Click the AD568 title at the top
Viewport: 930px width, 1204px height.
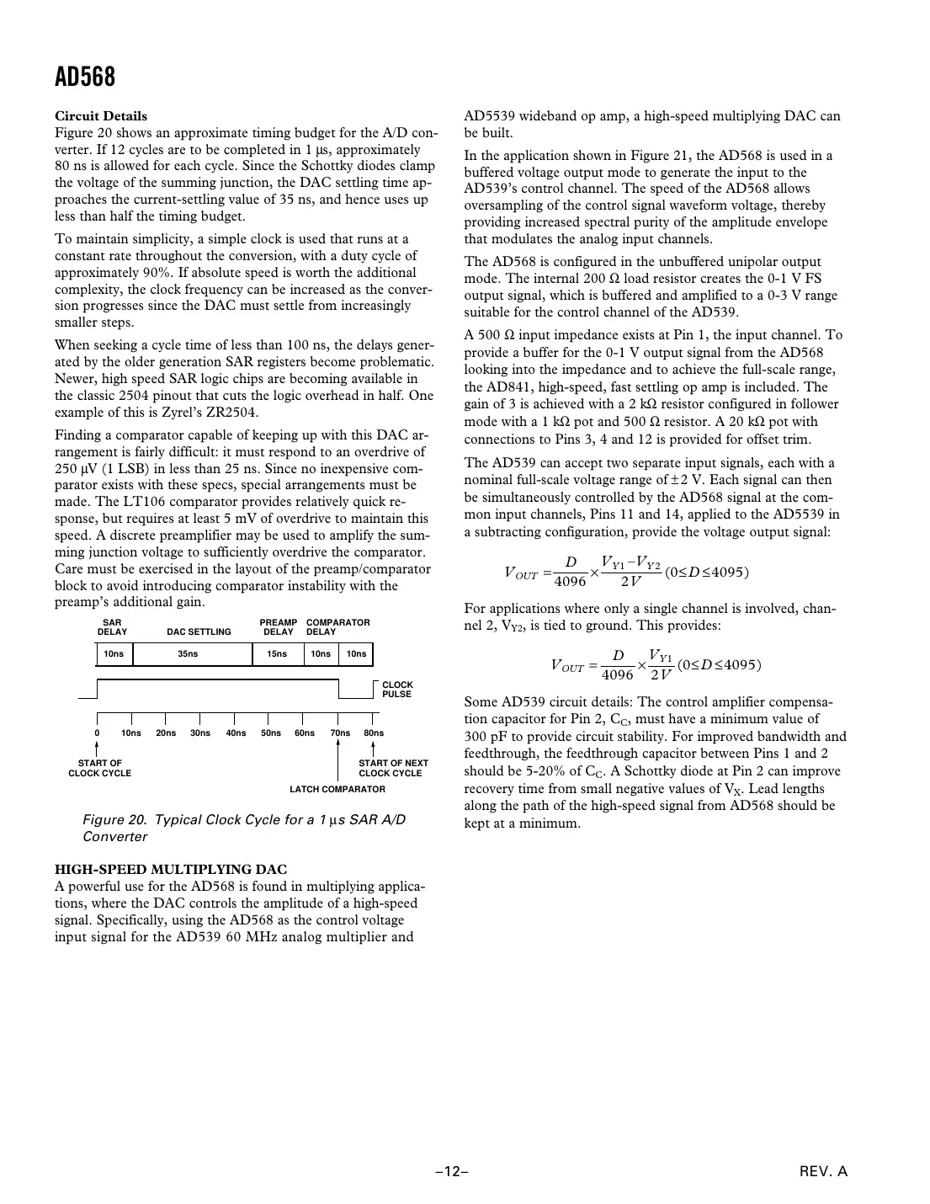click(x=85, y=77)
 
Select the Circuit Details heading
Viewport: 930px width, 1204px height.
click(x=100, y=116)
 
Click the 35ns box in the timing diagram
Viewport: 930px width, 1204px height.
click(x=189, y=654)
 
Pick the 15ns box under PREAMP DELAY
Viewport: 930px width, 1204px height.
click(x=277, y=654)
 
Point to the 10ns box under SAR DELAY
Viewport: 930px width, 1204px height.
click(x=114, y=654)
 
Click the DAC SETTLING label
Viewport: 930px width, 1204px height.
click(x=199, y=631)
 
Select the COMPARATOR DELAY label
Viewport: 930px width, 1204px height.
click(x=337, y=627)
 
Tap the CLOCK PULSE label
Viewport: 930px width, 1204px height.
click(x=397, y=690)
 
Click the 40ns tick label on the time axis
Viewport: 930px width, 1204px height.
click(x=236, y=733)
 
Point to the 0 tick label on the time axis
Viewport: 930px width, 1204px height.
click(x=97, y=733)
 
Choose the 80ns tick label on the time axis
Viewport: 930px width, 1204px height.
click(x=374, y=733)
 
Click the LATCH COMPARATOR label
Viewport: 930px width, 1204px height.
click(x=337, y=789)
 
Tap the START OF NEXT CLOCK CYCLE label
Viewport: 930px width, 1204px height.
click(x=393, y=768)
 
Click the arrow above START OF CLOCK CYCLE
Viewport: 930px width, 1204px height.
click(x=98, y=749)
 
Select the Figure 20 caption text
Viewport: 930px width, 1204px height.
click(x=244, y=828)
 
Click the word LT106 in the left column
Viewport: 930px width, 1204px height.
click(x=148, y=502)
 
